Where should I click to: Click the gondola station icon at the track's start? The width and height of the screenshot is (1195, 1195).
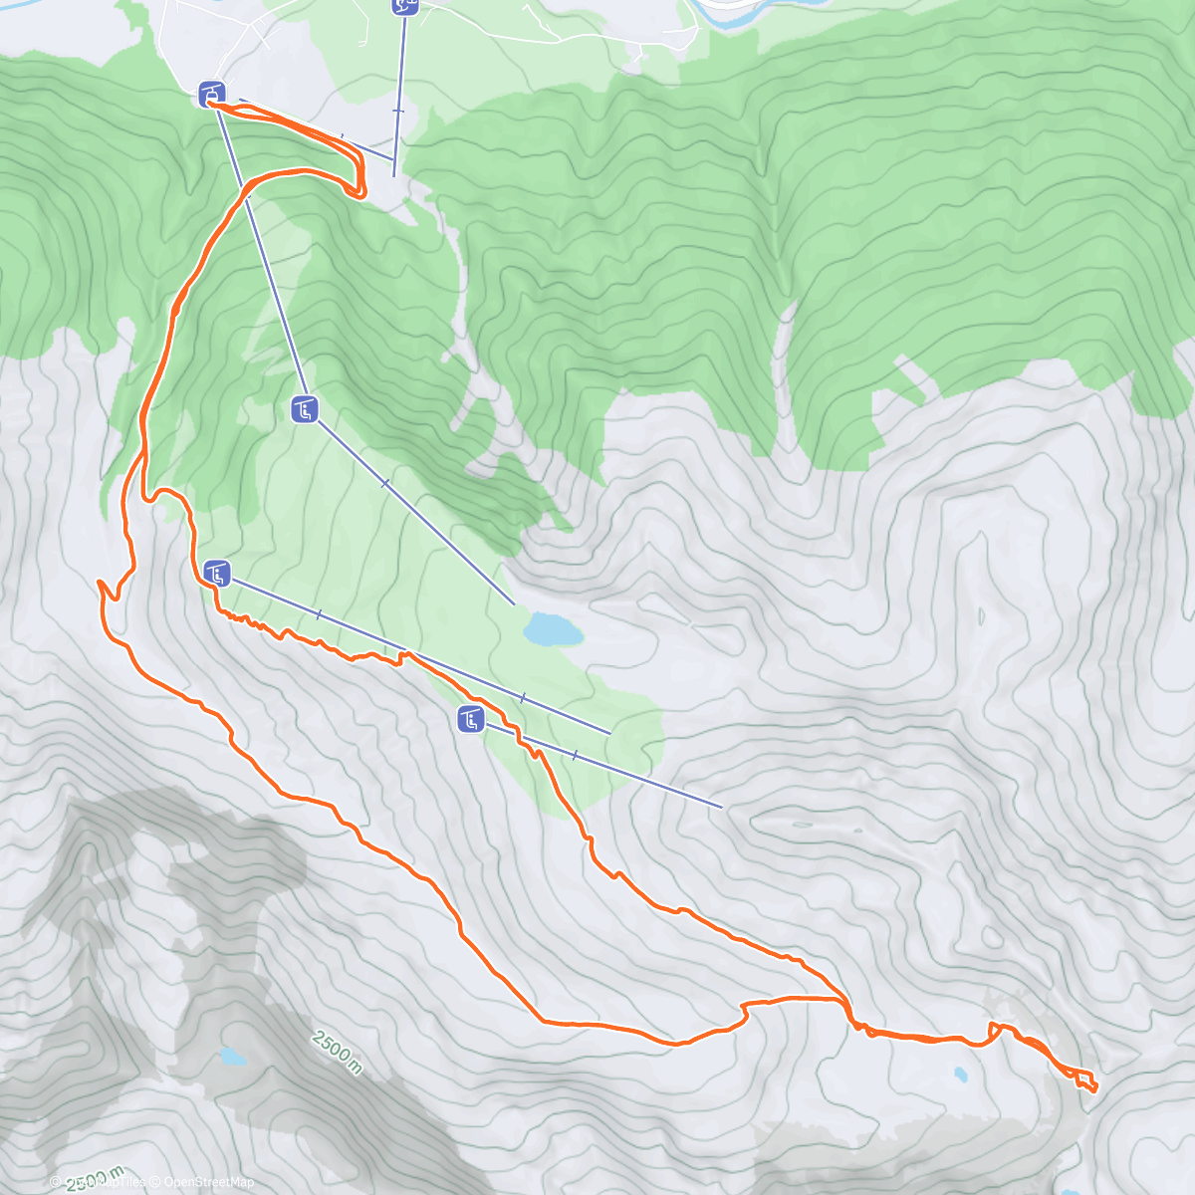(211, 95)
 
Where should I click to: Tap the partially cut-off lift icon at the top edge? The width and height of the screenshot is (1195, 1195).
(404, 5)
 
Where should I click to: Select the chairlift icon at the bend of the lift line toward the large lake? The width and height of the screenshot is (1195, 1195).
(305, 408)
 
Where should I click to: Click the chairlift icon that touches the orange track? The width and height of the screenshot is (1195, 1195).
(217, 573)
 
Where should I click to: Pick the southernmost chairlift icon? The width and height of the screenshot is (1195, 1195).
(470, 718)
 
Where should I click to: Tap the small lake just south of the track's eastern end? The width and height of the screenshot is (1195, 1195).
(960, 1075)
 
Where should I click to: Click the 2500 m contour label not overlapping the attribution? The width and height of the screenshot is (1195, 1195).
(338, 1053)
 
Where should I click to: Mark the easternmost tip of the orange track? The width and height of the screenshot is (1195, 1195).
(1095, 1087)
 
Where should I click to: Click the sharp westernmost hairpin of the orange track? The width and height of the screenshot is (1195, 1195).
(101, 582)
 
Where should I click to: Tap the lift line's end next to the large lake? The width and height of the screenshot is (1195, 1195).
(514, 604)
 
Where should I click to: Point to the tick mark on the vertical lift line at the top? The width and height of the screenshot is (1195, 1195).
(398, 111)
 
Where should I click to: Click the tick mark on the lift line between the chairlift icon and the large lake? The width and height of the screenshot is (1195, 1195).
(385, 483)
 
